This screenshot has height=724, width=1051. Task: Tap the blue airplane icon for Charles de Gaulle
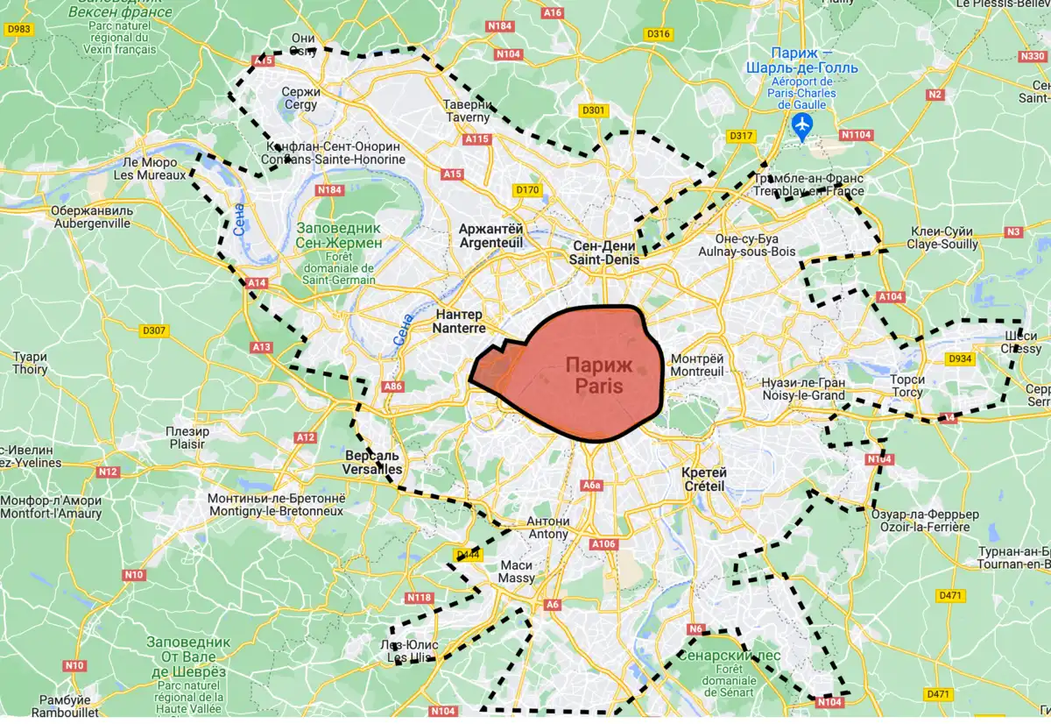pyautogui.click(x=801, y=125)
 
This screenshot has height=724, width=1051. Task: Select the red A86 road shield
pyautogui.click(x=393, y=386)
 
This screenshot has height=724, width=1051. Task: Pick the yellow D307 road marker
pyautogui.click(x=155, y=330)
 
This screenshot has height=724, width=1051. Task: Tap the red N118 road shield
pyautogui.click(x=420, y=598)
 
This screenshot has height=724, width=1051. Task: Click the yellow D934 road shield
pyautogui.click(x=961, y=358)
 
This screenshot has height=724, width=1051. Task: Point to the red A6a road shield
pyautogui.click(x=593, y=486)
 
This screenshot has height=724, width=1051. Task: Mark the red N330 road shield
pyautogui.click(x=1033, y=56)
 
